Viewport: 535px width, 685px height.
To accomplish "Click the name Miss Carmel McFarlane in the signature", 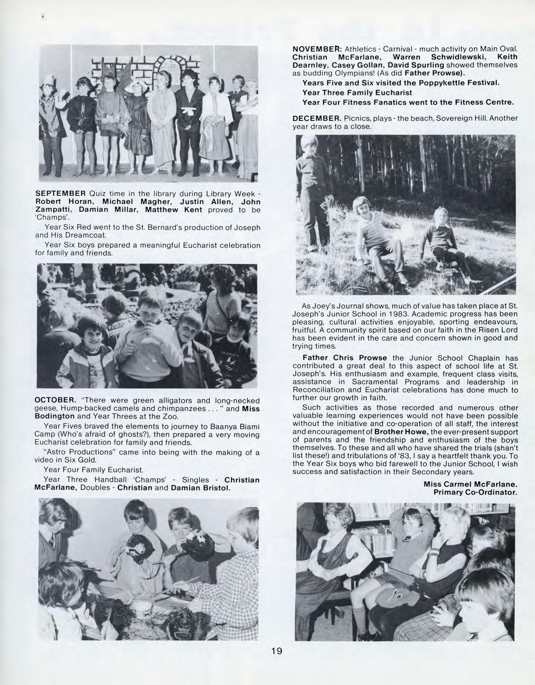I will (x=470, y=484).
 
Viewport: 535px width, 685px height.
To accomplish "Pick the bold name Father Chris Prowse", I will (x=345, y=358).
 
